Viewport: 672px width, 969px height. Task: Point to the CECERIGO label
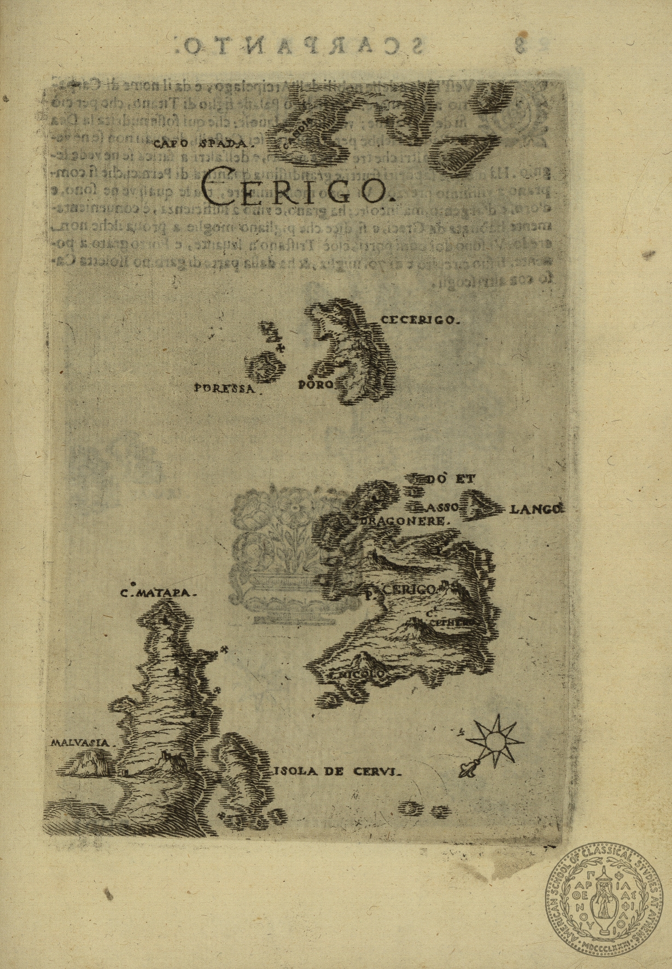(x=417, y=320)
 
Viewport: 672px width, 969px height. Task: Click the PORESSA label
(x=225, y=389)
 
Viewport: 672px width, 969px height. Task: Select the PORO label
(x=315, y=385)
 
